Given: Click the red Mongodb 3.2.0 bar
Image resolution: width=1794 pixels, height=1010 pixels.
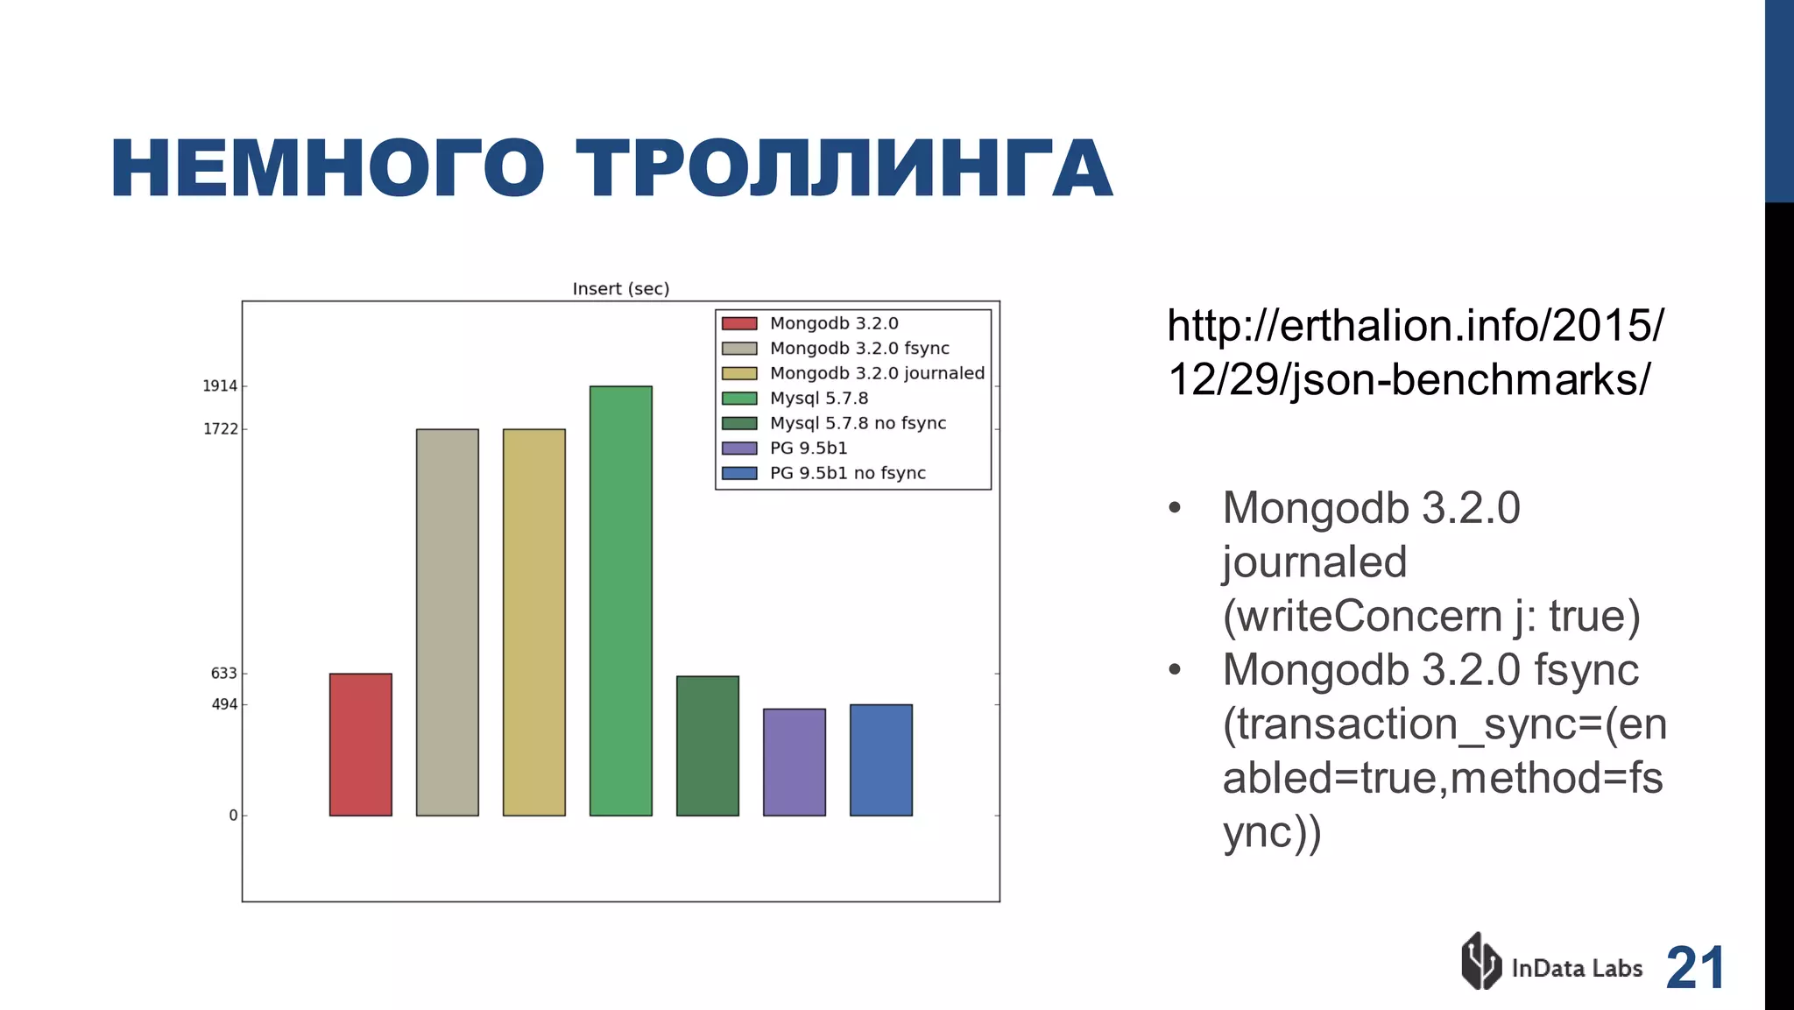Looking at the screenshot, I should [360, 745].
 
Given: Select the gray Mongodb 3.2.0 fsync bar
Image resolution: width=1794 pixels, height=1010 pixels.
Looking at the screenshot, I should [447, 622].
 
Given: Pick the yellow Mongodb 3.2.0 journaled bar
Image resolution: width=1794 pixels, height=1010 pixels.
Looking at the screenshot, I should [533, 622].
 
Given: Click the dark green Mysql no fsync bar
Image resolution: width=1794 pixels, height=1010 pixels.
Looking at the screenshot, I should [707, 745].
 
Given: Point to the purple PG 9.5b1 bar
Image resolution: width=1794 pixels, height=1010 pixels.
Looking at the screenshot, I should [794, 762].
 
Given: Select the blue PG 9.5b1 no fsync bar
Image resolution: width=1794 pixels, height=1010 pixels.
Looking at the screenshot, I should [880, 759].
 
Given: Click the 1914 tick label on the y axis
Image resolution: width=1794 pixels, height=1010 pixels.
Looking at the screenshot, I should [220, 386].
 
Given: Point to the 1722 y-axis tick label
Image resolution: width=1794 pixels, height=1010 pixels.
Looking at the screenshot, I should [220, 429].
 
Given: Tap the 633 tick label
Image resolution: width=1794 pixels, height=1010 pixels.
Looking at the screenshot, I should [223, 674].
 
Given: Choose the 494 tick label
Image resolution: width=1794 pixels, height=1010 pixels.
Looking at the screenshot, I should [224, 704].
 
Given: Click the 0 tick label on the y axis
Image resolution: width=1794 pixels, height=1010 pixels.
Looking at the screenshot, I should [233, 816].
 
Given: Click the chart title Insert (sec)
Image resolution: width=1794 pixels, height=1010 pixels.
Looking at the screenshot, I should [620, 289].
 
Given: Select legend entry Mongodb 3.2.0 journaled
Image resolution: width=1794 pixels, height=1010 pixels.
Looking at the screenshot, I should [877, 373].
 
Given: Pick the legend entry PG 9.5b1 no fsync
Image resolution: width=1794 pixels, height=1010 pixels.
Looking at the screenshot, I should [847, 473].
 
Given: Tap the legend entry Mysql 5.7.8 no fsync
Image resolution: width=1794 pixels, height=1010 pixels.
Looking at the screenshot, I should [858, 423].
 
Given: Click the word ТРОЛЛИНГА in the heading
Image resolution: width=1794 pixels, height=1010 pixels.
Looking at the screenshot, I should [844, 169].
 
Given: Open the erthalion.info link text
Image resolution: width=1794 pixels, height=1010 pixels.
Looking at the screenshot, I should [1414, 352].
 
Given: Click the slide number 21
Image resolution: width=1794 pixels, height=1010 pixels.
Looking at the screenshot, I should [1695, 968].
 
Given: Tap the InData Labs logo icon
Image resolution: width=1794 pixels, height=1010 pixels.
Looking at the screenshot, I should [1480, 961].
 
